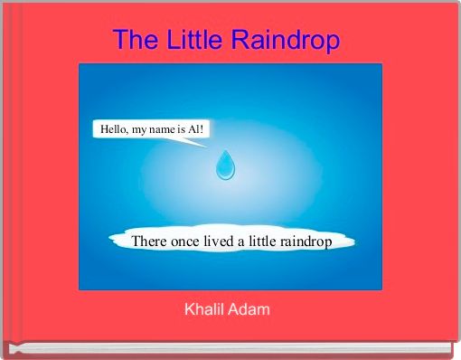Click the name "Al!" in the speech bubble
pos(198,129)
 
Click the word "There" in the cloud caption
pos(149,242)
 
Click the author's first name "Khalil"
pos(206,310)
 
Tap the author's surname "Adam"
pos(251,310)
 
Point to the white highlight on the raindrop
pos(221,168)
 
